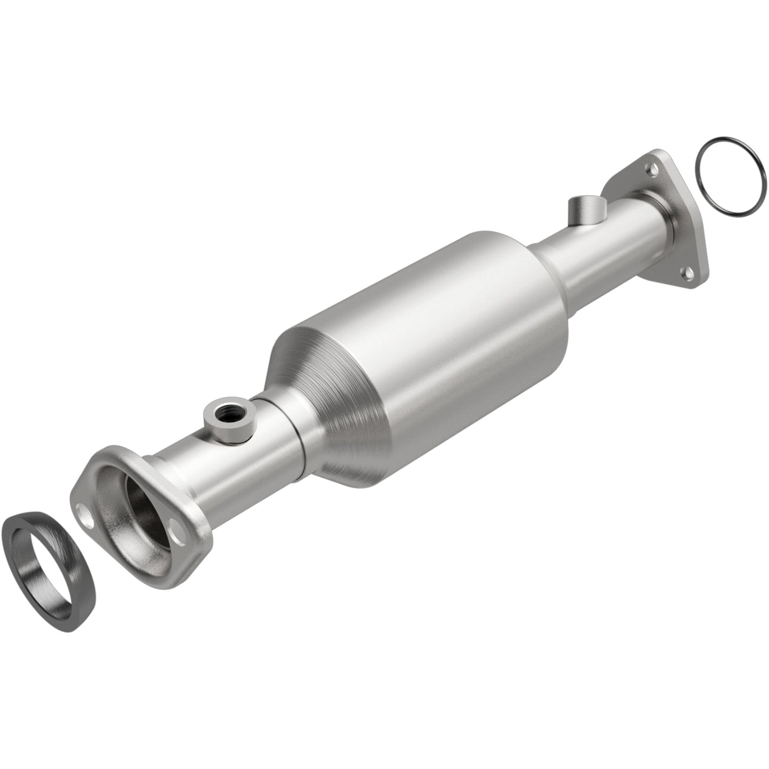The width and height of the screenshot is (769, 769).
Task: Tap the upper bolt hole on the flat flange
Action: pos(649,168)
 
